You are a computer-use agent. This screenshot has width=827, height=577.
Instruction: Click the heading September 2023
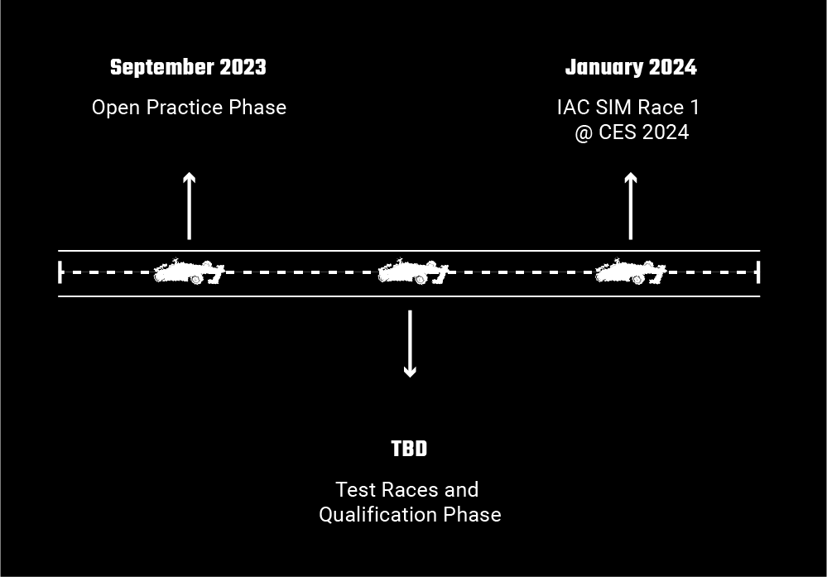[188, 68]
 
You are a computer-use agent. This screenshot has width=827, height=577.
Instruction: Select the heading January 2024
[631, 68]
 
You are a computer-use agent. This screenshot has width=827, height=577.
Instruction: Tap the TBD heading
[409, 450]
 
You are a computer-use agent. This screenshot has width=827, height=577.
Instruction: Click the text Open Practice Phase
[189, 108]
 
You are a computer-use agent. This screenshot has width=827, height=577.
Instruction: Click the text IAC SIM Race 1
[629, 108]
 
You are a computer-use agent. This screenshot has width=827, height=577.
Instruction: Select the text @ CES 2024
[632, 132]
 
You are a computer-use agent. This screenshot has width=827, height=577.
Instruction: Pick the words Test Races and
[407, 490]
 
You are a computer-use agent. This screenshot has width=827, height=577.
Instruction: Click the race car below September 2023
[190, 272]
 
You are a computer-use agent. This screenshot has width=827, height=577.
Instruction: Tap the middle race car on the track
[412, 272]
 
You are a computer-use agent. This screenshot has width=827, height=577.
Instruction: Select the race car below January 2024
[631, 272]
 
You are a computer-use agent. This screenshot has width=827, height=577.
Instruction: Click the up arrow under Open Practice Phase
[190, 205]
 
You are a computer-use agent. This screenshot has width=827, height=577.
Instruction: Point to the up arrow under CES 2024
[631, 205]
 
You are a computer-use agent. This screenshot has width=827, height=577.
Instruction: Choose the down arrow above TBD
[410, 344]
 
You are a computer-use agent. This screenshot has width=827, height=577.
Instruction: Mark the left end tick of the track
[60, 272]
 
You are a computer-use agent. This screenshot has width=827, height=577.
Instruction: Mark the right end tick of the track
[758, 272]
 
